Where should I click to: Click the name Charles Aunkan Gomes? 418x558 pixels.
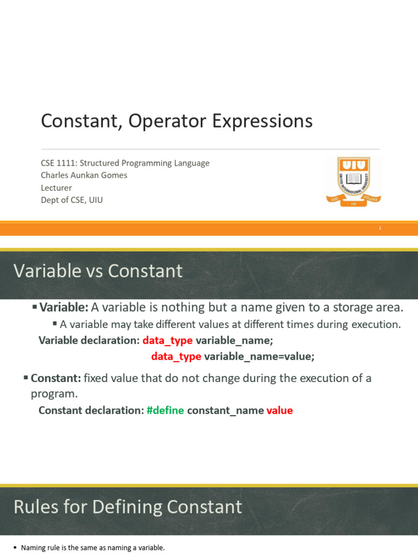84,175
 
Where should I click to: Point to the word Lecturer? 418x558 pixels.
56,187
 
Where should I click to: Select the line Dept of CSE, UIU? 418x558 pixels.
72,199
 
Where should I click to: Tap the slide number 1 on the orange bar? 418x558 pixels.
380,228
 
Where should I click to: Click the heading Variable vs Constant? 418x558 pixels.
98,271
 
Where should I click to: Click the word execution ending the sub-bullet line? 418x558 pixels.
376,324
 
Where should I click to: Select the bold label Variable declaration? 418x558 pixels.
89,341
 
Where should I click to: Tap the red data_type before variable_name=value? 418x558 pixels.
176,356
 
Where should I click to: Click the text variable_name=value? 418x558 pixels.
259,356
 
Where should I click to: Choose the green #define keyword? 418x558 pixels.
165,410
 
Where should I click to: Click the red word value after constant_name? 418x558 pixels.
280,410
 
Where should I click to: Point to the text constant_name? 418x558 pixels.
225,410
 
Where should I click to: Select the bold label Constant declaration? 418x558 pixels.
91,410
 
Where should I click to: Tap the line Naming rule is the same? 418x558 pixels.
92,548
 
